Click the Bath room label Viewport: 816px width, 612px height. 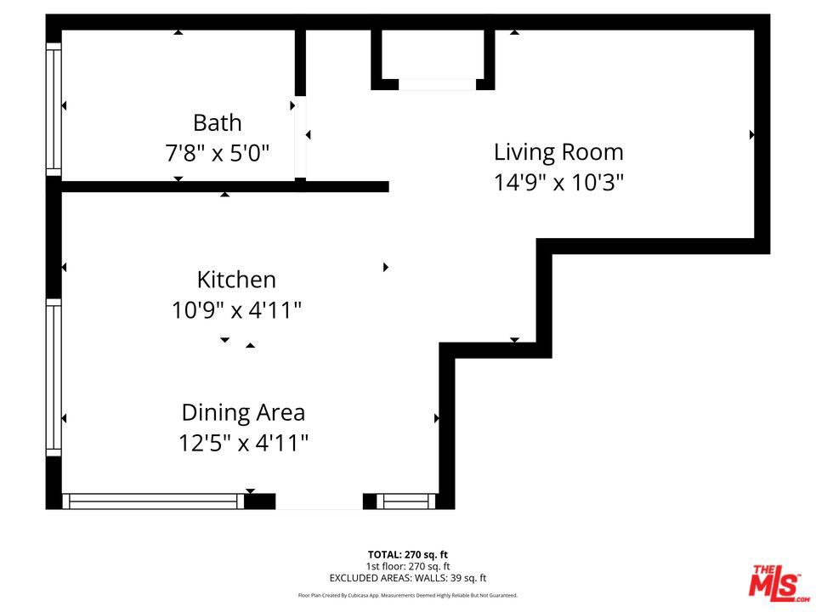point(217,123)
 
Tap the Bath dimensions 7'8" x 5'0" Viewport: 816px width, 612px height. point(217,154)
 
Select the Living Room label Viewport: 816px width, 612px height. point(558,152)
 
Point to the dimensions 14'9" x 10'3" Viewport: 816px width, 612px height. point(558,183)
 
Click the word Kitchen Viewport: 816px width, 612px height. point(236,280)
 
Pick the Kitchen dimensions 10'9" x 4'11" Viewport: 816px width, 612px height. point(236,311)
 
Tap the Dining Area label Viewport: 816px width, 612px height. point(243,413)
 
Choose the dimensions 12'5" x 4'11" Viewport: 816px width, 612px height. point(243,444)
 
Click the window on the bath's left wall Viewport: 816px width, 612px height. point(54,110)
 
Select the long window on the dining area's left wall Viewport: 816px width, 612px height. point(54,377)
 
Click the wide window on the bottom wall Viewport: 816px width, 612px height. point(153,501)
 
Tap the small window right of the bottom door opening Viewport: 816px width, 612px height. point(406,501)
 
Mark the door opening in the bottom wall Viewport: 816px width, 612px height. point(319,501)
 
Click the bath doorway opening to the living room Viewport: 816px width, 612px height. point(300,138)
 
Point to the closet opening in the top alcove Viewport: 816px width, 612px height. point(437,85)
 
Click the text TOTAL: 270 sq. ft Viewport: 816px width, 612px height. point(407,555)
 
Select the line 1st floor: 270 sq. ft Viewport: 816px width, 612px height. point(407,566)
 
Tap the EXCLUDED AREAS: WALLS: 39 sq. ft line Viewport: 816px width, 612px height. point(407,578)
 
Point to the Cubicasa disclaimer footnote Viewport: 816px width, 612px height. point(407,595)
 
